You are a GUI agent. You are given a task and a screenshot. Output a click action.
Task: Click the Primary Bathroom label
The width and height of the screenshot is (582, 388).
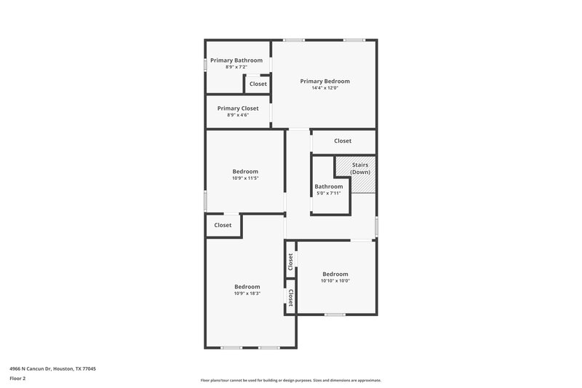point(236,60)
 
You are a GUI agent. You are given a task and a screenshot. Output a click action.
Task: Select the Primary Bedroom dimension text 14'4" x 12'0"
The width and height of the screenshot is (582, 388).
point(325,88)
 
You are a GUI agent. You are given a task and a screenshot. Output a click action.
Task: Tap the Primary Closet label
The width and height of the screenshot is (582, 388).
point(238,108)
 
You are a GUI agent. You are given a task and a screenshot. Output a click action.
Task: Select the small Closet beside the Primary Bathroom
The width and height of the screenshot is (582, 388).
point(258,84)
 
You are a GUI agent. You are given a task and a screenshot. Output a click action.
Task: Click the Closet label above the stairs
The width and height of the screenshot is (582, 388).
point(343,140)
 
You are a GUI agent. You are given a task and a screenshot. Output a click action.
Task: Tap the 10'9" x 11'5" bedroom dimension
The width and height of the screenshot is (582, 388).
point(245,178)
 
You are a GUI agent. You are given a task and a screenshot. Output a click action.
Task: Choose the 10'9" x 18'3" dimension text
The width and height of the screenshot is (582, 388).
point(247,293)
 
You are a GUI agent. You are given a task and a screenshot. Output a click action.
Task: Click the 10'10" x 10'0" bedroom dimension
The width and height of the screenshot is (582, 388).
point(335,280)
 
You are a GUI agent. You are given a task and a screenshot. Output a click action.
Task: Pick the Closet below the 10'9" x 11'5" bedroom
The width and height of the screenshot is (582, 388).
point(223,225)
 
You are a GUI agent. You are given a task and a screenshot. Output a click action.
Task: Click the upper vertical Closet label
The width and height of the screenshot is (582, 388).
point(290,261)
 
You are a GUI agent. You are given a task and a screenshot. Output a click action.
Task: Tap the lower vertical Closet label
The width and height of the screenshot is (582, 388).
point(290,297)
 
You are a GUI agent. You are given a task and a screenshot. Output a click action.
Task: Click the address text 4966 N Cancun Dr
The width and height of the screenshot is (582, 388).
point(52,368)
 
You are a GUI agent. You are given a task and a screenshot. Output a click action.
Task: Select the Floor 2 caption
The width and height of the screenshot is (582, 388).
point(17,379)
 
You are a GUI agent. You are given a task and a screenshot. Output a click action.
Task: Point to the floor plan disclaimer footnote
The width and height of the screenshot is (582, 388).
point(290,380)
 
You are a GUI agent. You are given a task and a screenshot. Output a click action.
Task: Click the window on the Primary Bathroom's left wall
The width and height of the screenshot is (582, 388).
point(205,64)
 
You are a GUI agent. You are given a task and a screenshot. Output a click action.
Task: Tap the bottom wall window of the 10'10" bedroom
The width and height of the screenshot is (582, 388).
point(335,314)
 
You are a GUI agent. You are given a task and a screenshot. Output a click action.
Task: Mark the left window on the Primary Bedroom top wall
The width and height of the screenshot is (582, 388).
point(294,40)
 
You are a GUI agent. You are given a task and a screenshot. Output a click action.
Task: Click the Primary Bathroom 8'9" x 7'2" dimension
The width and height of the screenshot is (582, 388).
point(236,67)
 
